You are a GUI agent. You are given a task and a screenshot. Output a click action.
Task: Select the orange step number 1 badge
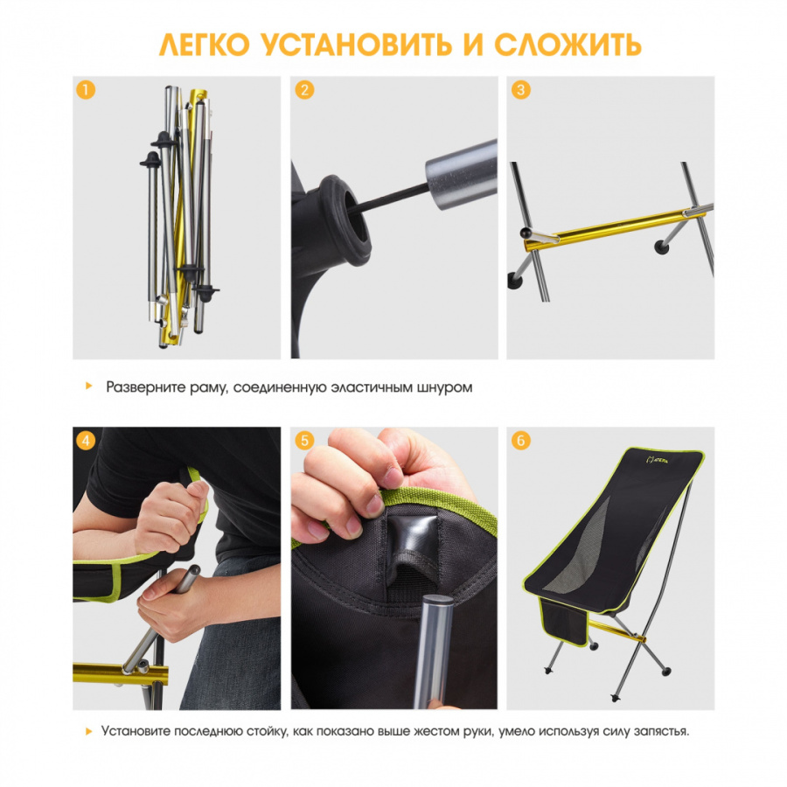coord(86,90)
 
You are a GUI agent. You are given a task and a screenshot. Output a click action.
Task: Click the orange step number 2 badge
coord(304,90)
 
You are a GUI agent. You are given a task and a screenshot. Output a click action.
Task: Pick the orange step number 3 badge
coord(521,90)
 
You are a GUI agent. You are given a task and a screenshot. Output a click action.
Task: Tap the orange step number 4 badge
coord(86,441)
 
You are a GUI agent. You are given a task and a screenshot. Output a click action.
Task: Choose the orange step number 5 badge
coord(304,441)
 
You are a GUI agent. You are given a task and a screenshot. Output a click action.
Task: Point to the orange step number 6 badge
coord(521,441)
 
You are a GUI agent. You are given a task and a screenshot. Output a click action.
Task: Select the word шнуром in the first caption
coord(443,387)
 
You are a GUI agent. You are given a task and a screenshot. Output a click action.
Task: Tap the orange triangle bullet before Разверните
coord(89,386)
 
